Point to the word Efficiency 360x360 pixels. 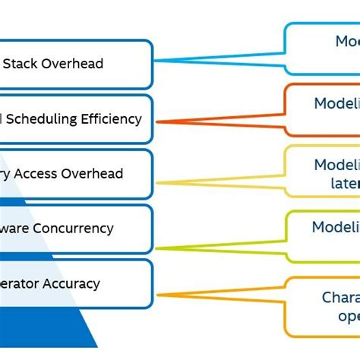(x=113, y=118)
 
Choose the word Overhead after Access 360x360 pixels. (x=94, y=173)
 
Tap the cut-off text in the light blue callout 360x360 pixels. (x=346, y=42)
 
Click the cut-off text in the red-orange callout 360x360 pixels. (x=336, y=104)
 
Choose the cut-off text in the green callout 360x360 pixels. (x=335, y=227)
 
